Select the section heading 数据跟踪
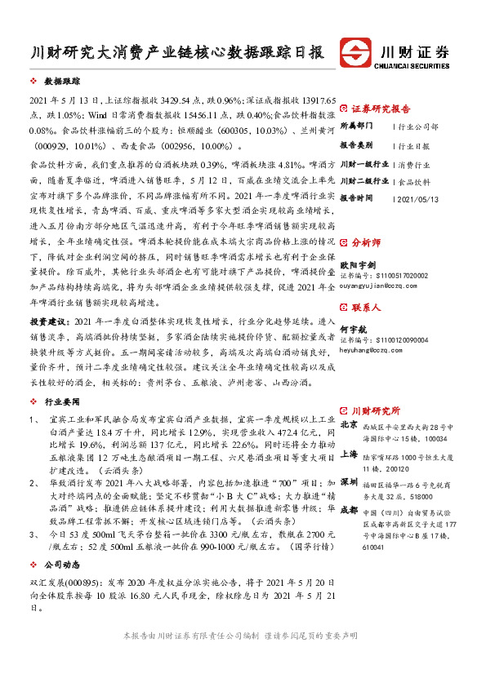click(x=62, y=82)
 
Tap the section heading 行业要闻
click(x=62, y=402)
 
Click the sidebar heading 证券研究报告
click(x=381, y=108)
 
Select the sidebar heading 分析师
click(x=366, y=242)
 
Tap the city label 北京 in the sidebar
click(x=349, y=425)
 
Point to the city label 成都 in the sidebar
click(x=349, y=509)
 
